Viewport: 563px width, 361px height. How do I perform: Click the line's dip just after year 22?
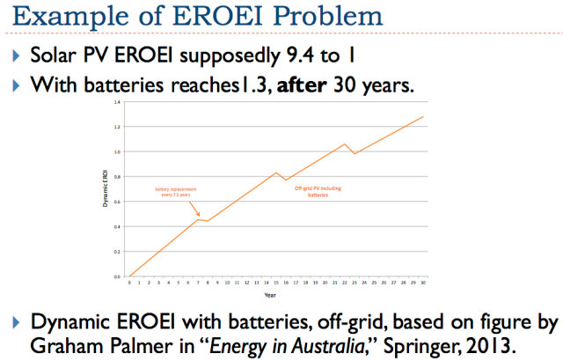tap(355, 153)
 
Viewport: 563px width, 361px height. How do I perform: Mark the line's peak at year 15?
tap(277, 172)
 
